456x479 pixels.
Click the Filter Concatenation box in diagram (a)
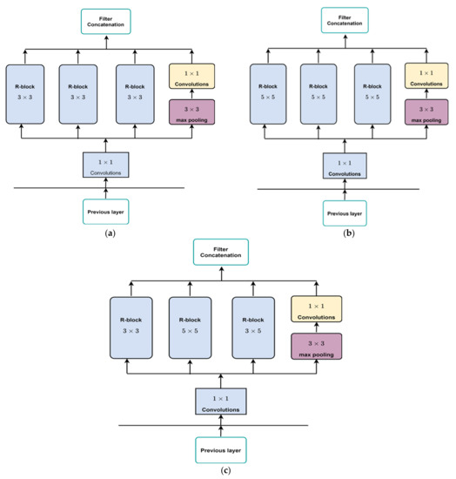pos(106,21)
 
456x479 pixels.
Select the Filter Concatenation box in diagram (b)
pos(345,20)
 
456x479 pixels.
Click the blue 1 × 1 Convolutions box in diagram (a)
pos(105,164)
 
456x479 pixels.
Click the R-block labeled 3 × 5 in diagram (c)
pos(258,326)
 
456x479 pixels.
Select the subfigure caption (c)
pos(225,471)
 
